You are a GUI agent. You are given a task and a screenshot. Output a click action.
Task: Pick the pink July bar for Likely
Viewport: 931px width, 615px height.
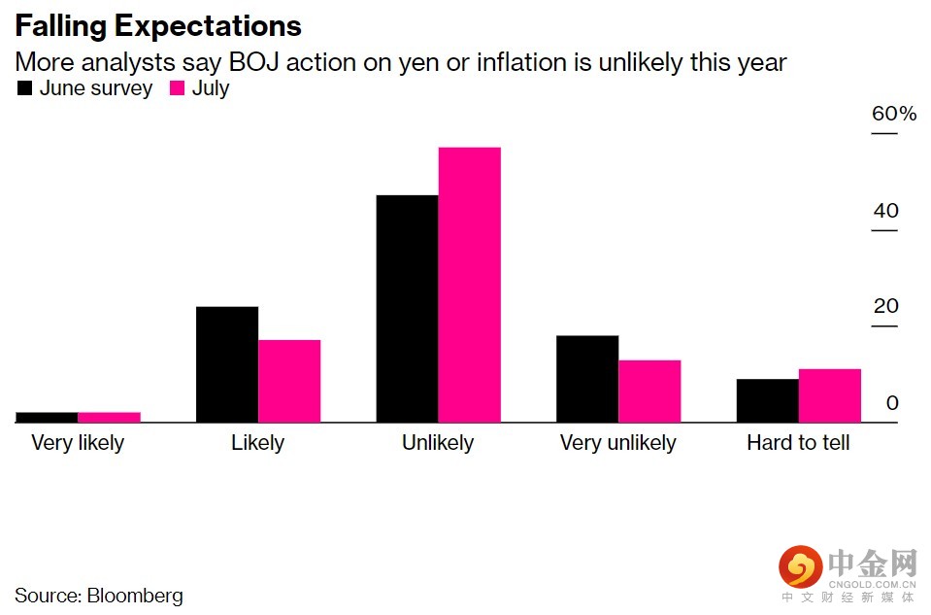click(x=289, y=381)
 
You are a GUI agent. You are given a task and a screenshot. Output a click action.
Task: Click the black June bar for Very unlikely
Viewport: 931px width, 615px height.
click(x=587, y=379)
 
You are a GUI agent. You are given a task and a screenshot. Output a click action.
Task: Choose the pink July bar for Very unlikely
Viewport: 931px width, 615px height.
click(x=649, y=392)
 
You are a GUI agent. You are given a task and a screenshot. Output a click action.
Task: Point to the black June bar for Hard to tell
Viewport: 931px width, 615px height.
click(x=767, y=400)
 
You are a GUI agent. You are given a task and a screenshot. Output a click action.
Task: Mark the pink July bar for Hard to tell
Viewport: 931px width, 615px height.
click(x=829, y=395)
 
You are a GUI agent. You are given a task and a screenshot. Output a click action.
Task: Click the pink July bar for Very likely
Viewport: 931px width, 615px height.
click(x=109, y=417)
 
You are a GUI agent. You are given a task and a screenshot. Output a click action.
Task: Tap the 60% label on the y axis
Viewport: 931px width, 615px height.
click(x=893, y=114)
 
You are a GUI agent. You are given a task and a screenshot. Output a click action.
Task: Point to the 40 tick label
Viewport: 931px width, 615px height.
click(x=885, y=211)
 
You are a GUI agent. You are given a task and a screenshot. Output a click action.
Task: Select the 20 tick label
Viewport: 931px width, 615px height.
click(x=885, y=306)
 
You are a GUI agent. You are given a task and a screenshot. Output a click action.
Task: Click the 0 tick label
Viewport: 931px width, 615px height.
click(x=892, y=402)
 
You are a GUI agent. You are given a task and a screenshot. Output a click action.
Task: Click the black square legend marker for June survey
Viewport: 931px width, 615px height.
click(x=24, y=88)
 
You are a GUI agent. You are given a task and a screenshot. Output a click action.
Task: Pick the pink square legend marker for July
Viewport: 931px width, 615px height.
click(x=177, y=88)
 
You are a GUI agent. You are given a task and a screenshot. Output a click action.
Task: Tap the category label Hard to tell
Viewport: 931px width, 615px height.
click(x=798, y=443)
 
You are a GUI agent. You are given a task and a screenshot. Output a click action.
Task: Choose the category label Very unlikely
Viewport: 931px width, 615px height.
click(x=617, y=443)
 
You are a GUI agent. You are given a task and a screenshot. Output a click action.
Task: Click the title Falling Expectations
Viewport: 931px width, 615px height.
click(x=158, y=25)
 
